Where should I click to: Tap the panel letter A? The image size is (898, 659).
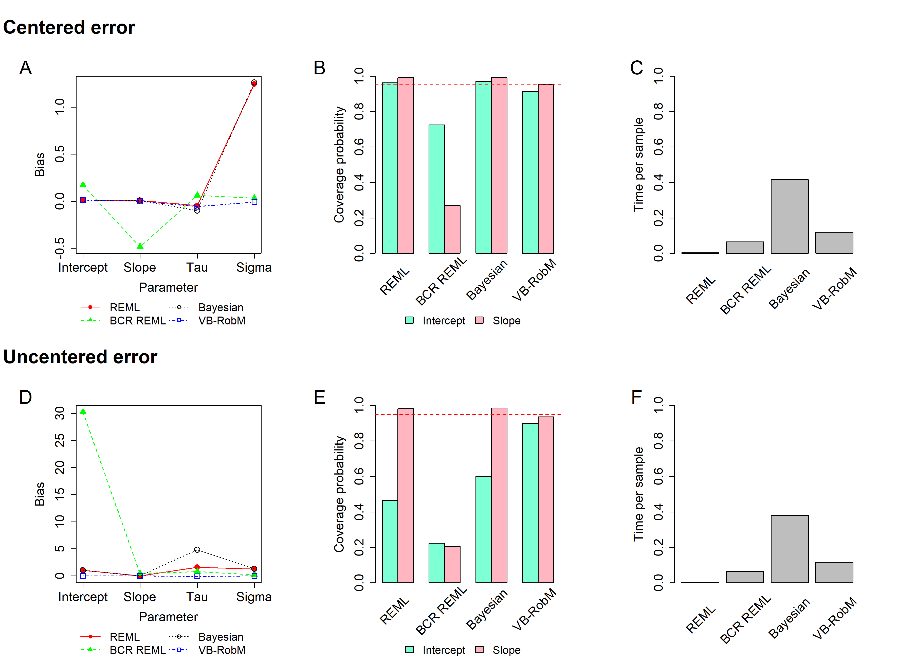click(26, 68)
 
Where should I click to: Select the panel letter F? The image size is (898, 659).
click(636, 397)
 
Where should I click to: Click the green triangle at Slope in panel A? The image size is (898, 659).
click(140, 246)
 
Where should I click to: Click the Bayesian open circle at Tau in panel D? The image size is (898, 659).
click(197, 550)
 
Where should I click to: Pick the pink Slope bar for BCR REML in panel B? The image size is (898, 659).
click(452, 229)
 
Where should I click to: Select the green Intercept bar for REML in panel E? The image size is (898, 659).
click(390, 541)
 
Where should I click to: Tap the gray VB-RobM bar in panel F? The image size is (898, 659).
click(834, 573)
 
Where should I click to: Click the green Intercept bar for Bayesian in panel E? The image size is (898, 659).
click(484, 529)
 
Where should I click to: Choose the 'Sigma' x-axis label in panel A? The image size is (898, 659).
click(254, 267)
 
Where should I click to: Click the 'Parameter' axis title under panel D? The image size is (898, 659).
click(168, 617)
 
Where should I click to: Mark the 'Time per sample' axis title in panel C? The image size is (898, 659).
click(638, 164)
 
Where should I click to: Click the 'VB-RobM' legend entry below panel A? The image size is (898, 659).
click(222, 321)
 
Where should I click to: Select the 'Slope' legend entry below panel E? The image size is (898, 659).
click(506, 650)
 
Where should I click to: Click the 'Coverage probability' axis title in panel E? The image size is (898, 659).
click(339, 494)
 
